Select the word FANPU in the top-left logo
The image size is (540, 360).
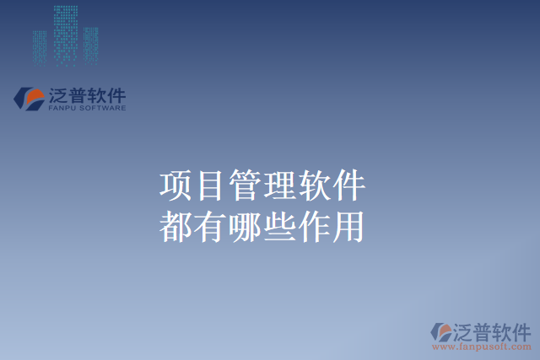click(62, 109)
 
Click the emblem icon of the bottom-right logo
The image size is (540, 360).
click(441, 332)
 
